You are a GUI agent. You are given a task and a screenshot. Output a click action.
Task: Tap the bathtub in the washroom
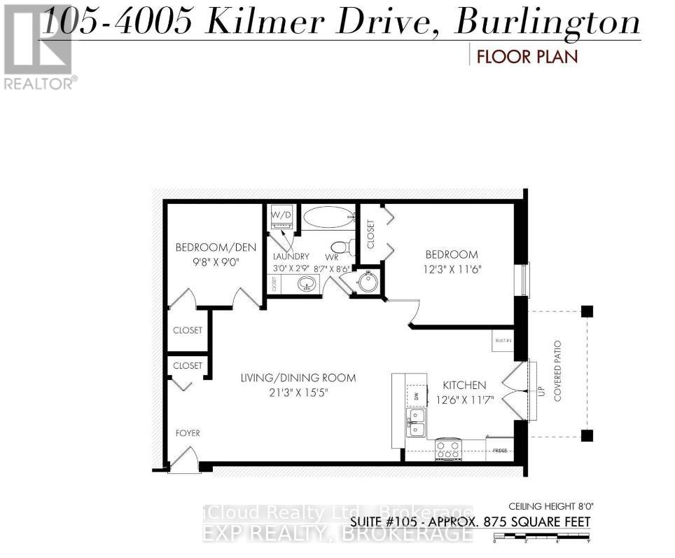tap(328, 217)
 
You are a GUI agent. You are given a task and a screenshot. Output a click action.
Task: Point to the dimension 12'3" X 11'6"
tap(450, 268)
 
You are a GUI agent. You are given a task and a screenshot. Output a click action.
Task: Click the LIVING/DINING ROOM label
tap(298, 378)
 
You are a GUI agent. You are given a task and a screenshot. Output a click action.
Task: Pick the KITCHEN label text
tap(464, 386)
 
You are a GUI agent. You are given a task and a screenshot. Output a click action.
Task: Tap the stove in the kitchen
tap(448, 449)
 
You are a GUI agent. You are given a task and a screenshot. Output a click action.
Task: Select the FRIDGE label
tap(500, 449)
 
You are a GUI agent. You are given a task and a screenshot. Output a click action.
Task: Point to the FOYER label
tap(188, 433)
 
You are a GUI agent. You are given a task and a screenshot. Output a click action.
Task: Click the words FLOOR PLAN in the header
tap(527, 56)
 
